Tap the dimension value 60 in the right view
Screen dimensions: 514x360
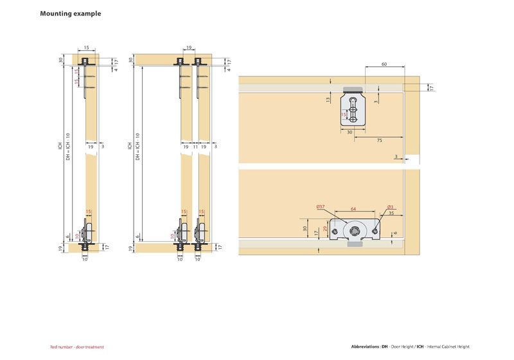[x=384, y=64]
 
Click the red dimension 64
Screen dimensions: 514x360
[x=353, y=208]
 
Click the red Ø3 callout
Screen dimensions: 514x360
[x=390, y=207]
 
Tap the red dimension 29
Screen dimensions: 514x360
[x=326, y=229]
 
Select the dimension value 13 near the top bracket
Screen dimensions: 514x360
[x=328, y=100]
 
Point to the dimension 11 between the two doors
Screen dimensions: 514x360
[x=195, y=147]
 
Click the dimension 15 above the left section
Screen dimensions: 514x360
[x=87, y=48]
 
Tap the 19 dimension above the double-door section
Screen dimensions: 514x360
[x=189, y=48]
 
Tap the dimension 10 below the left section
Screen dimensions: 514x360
[x=85, y=260]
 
